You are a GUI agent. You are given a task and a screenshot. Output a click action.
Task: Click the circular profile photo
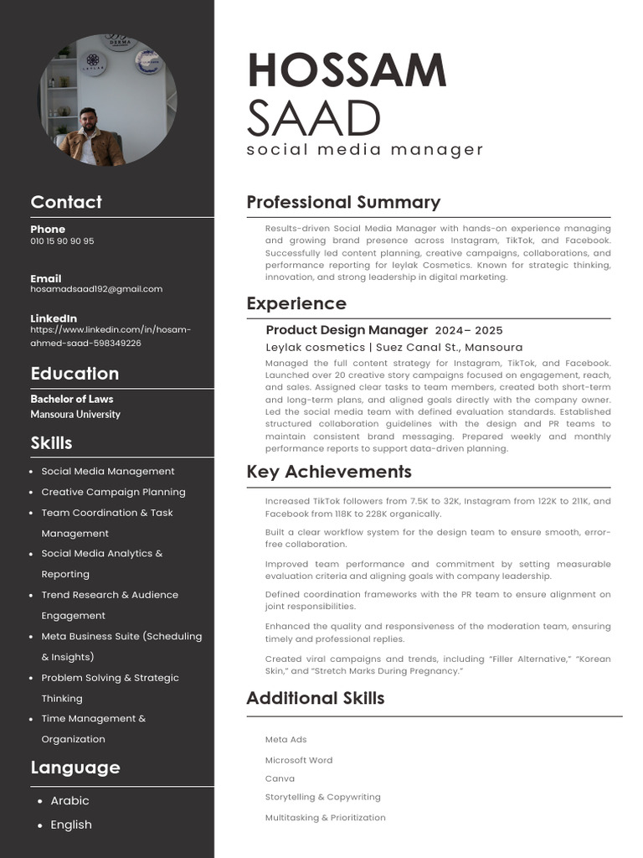pos(107,100)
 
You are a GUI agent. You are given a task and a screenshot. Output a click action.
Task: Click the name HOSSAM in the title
pos(347,70)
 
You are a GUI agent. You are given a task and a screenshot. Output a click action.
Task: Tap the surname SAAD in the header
pos(314,119)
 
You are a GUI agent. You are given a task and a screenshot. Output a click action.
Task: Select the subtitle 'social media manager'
pos(365,150)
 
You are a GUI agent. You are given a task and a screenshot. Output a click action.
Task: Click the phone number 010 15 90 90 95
pos(62,241)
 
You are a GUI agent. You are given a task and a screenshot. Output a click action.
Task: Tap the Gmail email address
pos(96,289)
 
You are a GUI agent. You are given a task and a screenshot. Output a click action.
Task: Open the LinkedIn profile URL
pos(111,336)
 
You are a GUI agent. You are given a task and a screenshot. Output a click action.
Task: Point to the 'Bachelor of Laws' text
pos(72,399)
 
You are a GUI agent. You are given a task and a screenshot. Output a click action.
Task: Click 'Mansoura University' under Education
pos(75,414)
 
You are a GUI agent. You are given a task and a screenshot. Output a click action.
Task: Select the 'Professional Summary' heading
pos(343,202)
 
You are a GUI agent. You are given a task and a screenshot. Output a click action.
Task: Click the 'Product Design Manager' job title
pos(347,330)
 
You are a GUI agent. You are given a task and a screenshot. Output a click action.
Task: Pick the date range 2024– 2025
pos(469,330)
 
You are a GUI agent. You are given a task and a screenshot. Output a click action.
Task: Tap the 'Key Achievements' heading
pos(329,472)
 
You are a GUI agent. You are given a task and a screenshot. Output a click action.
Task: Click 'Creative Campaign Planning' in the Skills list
pos(113,492)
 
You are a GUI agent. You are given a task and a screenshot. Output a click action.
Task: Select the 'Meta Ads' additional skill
pos(285,740)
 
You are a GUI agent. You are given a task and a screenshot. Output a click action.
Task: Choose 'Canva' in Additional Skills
pos(280,778)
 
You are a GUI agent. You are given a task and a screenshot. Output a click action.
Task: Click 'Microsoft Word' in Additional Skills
pos(299,760)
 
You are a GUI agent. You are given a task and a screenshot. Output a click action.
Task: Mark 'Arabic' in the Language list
pos(69,800)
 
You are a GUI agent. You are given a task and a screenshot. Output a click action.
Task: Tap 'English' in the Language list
pos(71,824)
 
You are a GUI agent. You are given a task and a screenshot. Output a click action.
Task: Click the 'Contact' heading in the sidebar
pos(66,202)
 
